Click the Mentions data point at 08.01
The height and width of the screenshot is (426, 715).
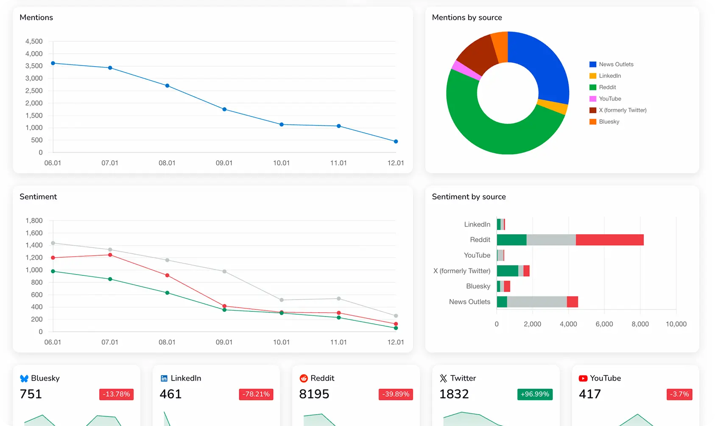tap(167, 86)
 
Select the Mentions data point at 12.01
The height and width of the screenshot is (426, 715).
tap(396, 141)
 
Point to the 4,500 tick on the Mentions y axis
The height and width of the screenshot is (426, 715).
tap(34, 41)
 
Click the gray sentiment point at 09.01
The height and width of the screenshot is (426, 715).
tap(224, 271)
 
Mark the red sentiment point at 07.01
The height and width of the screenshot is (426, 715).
tap(110, 255)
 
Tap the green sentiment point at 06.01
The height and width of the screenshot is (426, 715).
tap(53, 271)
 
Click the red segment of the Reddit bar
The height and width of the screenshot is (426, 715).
tap(609, 240)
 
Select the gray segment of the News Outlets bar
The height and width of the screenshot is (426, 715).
tap(536, 302)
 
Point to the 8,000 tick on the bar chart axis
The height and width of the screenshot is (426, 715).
tap(640, 324)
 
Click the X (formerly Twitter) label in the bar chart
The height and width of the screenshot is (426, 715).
tap(461, 271)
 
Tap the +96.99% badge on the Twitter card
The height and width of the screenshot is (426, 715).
tap(534, 394)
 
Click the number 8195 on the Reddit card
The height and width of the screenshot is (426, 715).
tap(314, 394)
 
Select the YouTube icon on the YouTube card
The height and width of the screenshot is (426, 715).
tap(583, 378)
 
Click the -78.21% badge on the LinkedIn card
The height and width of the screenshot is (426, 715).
tap(256, 394)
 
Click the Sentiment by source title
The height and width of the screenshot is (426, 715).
tap(469, 196)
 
